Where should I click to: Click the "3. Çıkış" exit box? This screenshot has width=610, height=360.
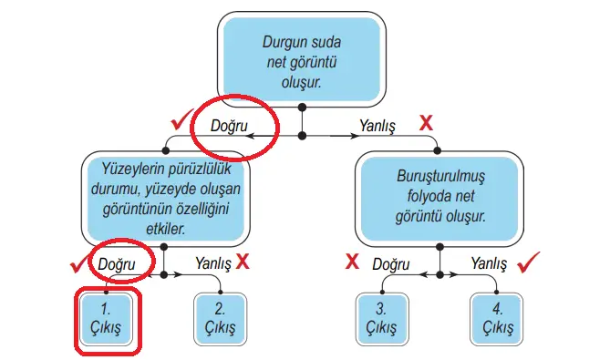[384, 318]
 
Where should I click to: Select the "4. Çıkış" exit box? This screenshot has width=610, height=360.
[497, 318]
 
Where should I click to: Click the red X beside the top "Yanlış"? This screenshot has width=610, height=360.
[426, 120]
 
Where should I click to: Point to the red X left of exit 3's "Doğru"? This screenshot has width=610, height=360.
[351, 263]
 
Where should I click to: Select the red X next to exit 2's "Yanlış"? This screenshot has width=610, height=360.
[243, 262]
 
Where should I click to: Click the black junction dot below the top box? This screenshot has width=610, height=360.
[302, 136]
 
